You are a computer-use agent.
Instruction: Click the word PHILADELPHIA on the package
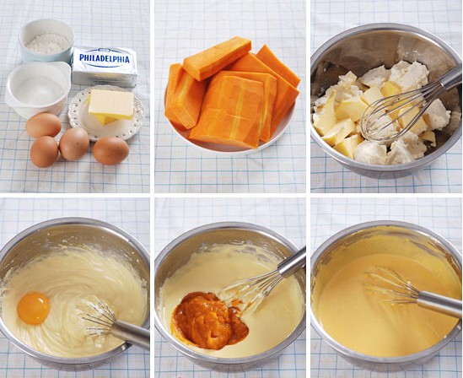click(x=105, y=59)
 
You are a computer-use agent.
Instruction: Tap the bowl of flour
click(x=46, y=40)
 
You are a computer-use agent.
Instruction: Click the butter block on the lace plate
click(x=111, y=105)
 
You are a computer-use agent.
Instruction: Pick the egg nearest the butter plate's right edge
click(x=110, y=150)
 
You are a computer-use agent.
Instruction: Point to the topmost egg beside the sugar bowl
click(x=43, y=125)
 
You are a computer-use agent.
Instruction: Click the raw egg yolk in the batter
click(x=34, y=308)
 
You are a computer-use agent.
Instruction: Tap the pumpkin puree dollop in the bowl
click(x=209, y=321)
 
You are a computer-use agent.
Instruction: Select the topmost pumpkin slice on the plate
click(x=217, y=58)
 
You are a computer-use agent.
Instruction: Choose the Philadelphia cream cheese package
click(x=105, y=67)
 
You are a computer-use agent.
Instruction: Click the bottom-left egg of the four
click(x=44, y=152)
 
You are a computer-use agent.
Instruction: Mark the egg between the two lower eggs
click(x=74, y=143)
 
